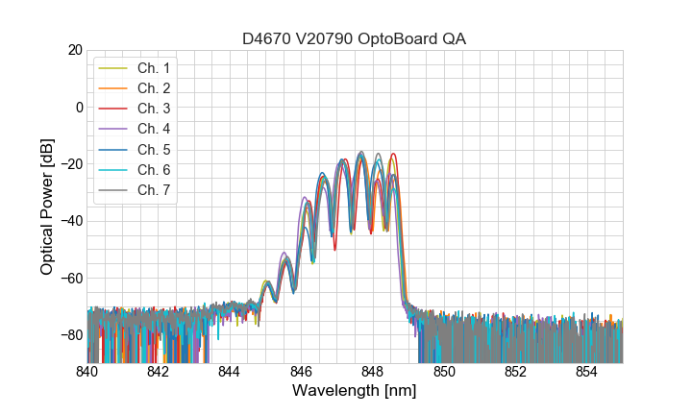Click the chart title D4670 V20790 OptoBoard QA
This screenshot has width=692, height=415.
355,38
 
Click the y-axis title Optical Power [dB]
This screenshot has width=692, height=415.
46,207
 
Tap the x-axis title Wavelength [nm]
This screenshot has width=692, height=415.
355,392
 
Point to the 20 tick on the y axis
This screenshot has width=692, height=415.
74,50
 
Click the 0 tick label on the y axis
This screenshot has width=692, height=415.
78,107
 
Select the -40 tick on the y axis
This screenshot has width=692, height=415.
71,221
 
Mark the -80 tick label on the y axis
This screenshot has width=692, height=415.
71,335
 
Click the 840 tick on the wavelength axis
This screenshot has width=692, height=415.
87,372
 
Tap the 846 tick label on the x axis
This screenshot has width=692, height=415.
301,372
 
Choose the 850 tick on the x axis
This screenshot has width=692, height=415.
444,372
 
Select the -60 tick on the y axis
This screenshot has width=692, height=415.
71,279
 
